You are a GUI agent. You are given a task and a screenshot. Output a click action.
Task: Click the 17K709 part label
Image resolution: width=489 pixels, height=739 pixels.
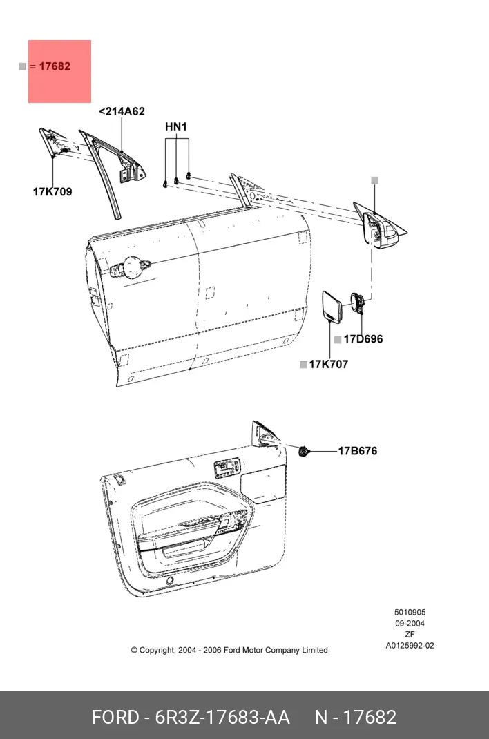click(x=52, y=192)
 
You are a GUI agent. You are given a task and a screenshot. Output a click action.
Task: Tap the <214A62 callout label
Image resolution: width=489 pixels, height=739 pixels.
click(x=122, y=112)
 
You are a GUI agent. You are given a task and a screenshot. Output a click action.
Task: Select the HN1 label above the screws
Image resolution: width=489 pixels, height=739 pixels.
click(x=176, y=127)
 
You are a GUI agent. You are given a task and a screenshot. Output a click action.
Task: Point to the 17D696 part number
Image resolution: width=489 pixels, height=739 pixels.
click(x=363, y=339)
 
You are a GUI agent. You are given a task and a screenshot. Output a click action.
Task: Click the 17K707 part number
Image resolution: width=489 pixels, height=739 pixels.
click(x=328, y=364)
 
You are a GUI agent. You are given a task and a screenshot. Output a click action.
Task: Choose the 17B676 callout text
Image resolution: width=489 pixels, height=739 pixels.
click(x=358, y=451)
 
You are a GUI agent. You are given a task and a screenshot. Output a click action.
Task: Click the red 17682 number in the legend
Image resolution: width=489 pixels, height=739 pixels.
click(x=55, y=66)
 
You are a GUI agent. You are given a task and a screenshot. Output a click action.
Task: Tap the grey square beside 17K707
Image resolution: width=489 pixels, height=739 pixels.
click(x=304, y=364)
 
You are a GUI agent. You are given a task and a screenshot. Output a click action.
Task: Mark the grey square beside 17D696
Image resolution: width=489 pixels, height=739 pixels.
click(x=337, y=340)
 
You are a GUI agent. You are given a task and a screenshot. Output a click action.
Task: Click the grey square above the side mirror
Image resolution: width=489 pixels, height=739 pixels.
click(x=374, y=180)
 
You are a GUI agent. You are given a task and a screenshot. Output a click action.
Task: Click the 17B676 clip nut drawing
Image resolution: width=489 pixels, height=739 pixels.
click(x=304, y=451)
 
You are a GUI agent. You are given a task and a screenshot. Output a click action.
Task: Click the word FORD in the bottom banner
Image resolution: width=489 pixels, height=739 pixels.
click(x=115, y=718)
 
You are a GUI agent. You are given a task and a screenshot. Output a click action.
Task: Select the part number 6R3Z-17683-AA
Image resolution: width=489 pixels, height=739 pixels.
click(x=222, y=718)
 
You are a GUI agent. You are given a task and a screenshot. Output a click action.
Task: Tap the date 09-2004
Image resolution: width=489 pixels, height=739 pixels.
click(x=410, y=623)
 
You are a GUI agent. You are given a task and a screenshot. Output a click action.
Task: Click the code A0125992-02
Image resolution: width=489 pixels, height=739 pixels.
click(x=410, y=646)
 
